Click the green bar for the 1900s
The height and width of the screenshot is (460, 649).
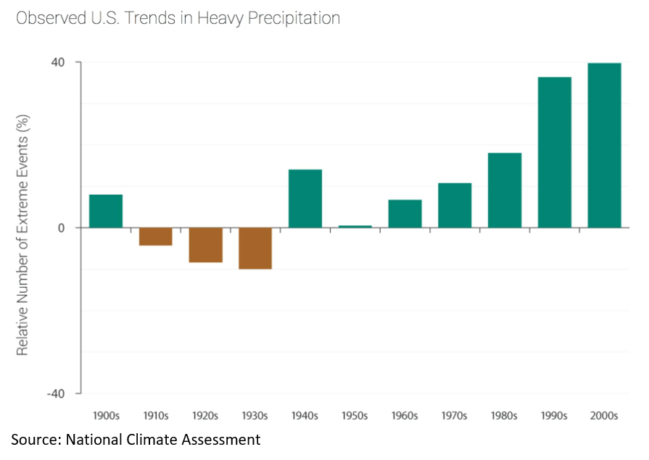point(106,211)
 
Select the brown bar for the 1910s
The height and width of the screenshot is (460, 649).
point(156,236)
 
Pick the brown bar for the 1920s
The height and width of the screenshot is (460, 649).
point(205,245)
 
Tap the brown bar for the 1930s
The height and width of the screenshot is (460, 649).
point(255,248)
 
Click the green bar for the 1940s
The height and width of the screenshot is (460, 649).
point(305,198)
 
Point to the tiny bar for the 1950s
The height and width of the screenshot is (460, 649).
point(355,226)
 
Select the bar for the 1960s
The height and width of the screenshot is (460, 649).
point(405,214)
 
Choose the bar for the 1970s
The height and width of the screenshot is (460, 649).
point(455,205)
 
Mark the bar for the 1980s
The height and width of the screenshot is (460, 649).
point(505,190)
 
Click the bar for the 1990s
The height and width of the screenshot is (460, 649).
point(554,152)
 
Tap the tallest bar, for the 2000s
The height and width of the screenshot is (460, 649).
point(604,145)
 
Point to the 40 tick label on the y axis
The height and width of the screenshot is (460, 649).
point(57,62)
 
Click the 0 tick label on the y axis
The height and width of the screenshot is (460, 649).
point(61,227)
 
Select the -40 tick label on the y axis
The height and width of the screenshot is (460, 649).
point(55,393)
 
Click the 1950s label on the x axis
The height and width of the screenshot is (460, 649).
point(355,416)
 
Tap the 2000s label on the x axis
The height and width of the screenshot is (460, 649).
point(604,416)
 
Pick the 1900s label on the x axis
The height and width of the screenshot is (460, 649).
point(106,416)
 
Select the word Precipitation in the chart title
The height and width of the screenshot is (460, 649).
point(294,19)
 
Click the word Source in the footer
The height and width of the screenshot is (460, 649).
point(33,439)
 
